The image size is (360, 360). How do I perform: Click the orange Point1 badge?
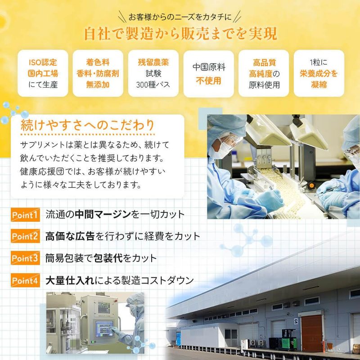(25, 215)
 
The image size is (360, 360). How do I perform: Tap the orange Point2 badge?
(25, 236)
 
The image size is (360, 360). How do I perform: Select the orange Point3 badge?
(25, 258)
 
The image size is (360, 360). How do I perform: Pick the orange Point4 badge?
(25, 280)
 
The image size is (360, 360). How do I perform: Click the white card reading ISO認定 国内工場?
(43, 73)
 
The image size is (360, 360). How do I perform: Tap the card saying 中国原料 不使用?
(209, 74)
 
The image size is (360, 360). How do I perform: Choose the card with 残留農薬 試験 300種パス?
(153, 73)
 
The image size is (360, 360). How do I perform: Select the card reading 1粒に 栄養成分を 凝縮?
(319, 73)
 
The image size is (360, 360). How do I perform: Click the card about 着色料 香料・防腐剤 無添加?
(98, 73)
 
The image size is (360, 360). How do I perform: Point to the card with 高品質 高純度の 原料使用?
(264, 73)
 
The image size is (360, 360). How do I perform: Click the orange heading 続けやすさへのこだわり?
(87, 125)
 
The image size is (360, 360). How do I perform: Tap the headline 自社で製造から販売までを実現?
(180, 34)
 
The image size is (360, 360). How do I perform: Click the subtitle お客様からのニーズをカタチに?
(180, 17)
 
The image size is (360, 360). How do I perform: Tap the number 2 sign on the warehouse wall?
(296, 321)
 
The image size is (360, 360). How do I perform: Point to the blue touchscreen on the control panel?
(104, 329)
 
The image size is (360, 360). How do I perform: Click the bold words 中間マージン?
(103, 215)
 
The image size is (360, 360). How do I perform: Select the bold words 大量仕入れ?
(70, 280)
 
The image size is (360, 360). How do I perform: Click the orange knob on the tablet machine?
(311, 185)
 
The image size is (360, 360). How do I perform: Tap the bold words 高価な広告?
(70, 236)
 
